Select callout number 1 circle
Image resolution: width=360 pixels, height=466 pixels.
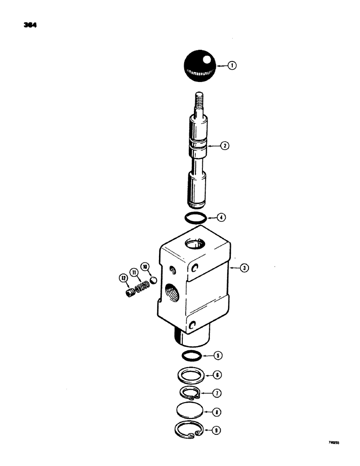(x=231, y=66)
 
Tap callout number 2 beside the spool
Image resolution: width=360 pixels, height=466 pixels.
(x=225, y=146)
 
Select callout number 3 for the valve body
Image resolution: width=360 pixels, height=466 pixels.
(x=243, y=268)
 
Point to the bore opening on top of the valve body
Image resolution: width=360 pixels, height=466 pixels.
(x=194, y=242)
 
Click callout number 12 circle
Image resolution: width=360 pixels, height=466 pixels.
(x=123, y=279)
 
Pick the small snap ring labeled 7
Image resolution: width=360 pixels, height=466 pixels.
(x=191, y=394)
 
